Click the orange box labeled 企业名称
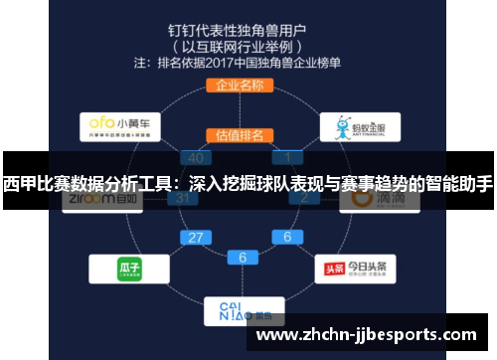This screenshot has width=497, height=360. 239,86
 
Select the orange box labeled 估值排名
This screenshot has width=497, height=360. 239,134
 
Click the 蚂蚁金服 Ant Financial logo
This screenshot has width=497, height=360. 360,127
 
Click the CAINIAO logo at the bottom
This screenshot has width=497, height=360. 239,310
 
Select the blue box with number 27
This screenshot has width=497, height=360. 195,238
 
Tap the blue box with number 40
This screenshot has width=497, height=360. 195,157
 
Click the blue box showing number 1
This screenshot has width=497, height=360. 287,157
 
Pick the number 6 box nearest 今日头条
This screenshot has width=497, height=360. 287,238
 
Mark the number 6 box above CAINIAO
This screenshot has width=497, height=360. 242,258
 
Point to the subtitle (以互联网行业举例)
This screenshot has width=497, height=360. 239,45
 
